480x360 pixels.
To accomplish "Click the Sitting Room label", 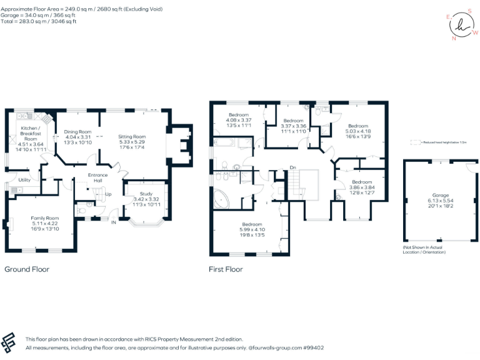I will point(132,136).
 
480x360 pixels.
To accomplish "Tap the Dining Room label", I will point(77,132).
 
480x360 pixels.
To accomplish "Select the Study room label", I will point(146,194).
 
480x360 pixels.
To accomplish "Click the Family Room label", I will point(44,218).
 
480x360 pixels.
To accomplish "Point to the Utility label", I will point(24,180).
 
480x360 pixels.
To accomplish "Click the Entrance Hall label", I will point(97,177).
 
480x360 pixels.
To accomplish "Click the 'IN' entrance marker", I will point(113,222).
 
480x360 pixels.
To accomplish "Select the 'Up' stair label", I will point(108,194).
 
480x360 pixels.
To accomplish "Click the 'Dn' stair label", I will point(292,167).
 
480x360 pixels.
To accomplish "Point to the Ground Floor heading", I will point(27,269).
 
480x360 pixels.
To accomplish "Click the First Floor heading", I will point(226,269).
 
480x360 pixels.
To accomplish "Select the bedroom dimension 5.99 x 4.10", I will point(252,230).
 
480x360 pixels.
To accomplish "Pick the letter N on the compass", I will point(454,38).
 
